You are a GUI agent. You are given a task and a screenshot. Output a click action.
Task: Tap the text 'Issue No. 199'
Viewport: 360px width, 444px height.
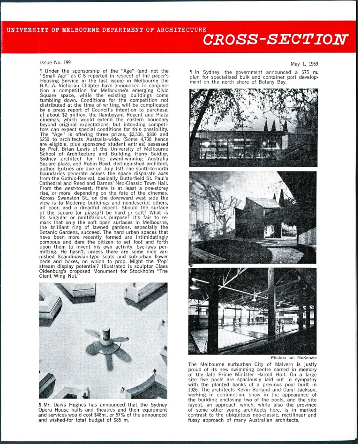click(55, 62)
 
